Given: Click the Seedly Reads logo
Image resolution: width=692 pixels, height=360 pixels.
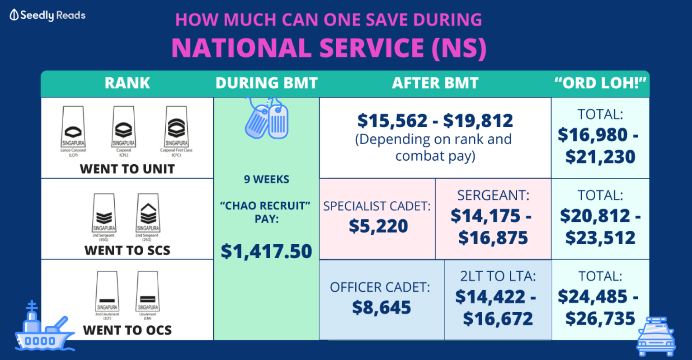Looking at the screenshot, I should click(47, 15).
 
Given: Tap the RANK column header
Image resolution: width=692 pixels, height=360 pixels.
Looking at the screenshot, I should click(127, 83).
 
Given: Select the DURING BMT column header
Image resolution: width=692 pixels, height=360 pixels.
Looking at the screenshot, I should click(266, 83).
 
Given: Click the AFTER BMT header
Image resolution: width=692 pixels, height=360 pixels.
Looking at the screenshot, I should click(435, 83).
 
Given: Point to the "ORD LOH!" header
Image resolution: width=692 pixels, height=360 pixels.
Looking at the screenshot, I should click(600, 83).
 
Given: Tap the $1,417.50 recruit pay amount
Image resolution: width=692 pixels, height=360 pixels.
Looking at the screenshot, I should click(266, 251).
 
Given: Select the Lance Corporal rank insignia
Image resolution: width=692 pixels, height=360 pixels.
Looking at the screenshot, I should click(73, 127).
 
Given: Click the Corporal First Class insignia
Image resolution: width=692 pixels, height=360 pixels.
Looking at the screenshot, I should click(176, 127).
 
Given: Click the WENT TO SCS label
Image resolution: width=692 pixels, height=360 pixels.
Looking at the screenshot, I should click(127, 250).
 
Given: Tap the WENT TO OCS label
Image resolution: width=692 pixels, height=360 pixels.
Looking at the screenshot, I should click(127, 330).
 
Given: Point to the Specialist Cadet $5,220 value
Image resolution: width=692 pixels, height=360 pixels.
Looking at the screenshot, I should click(378, 226).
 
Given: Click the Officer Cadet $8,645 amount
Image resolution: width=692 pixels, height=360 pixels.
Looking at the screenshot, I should click(381, 307).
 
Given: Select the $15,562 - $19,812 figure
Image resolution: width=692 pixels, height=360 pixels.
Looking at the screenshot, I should click(435, 121).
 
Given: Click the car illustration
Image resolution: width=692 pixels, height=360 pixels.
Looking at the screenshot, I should click(656, 337).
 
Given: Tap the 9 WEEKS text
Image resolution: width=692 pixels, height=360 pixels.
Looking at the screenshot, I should click(266, 179).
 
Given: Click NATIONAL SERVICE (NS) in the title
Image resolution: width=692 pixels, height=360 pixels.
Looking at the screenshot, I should click(329, 48).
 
